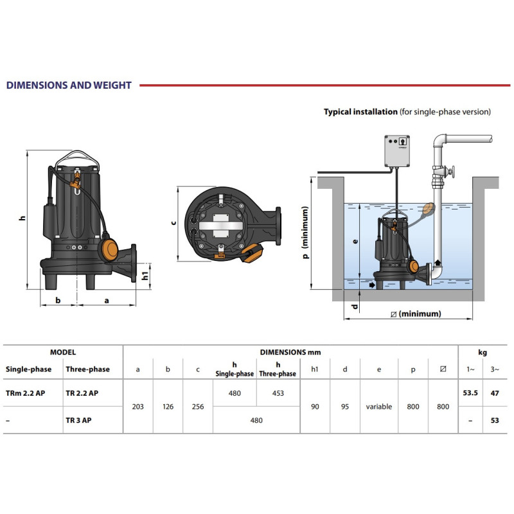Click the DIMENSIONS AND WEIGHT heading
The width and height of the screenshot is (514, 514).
(x=68, y=85)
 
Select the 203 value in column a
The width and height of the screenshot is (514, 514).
(x=138, y=406)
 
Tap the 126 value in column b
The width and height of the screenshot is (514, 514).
(x=168, y=406)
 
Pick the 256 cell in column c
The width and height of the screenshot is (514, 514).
(x=197, y=406)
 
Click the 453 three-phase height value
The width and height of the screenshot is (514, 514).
(x=277, y=393)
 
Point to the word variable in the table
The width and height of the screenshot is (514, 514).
(x=379, y=407)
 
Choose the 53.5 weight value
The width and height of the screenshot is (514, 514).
(x=471, y=393)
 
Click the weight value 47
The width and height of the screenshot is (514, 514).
(x=493, y=393)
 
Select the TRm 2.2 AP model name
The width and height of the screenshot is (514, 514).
(x=26, y=393)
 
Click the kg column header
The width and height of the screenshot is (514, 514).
(x=482, y=352)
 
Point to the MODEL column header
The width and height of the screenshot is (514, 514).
(x=63, y=352)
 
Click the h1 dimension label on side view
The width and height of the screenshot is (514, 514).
(x=145, y=275)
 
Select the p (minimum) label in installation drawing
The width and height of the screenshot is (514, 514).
(x=306, y=232)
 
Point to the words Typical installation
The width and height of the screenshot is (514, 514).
(x=360, y=112)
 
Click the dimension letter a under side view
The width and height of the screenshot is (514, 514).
(x=107, y=299)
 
